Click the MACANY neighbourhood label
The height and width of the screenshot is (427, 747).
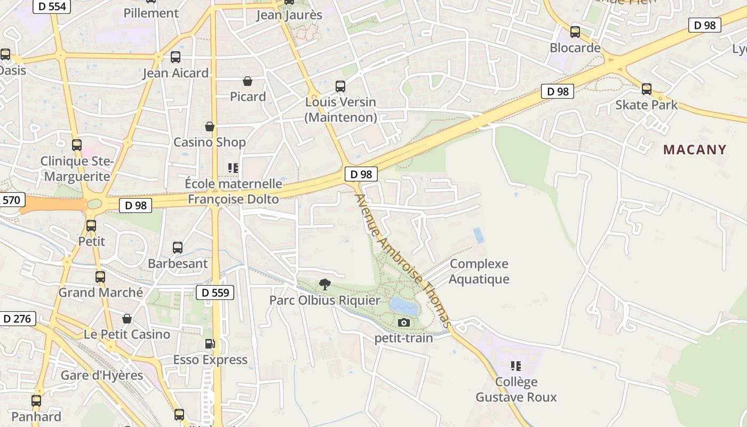pos(695,149)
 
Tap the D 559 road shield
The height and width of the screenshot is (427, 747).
pos(216,292)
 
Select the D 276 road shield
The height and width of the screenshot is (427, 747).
pos(17,319)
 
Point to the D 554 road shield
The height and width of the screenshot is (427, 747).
pos(52,6)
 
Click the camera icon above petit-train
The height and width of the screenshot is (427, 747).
pos(404,322)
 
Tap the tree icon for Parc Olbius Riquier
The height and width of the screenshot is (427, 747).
pos(324,284)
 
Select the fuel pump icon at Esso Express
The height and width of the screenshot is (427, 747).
pos(210,344)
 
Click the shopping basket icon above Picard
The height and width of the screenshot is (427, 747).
pos(248,81)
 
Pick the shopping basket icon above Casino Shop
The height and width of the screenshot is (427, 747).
pos(210,126)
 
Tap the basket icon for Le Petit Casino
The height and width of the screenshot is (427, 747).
pos(127,319)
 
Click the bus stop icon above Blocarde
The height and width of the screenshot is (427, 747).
pos(575,32)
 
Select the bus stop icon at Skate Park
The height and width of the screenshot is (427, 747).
pos(647,89)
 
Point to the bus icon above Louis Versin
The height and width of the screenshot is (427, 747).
pos(340,86)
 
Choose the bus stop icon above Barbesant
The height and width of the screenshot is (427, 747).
pos(178,248)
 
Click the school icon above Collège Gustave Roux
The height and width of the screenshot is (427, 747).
pos(516,366)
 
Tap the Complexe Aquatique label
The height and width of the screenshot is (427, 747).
pos(479,272)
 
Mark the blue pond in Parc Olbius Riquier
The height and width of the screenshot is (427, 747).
pos(404,306)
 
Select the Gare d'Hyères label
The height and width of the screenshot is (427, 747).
pos(102,375)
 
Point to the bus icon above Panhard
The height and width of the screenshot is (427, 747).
pos(36,400)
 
